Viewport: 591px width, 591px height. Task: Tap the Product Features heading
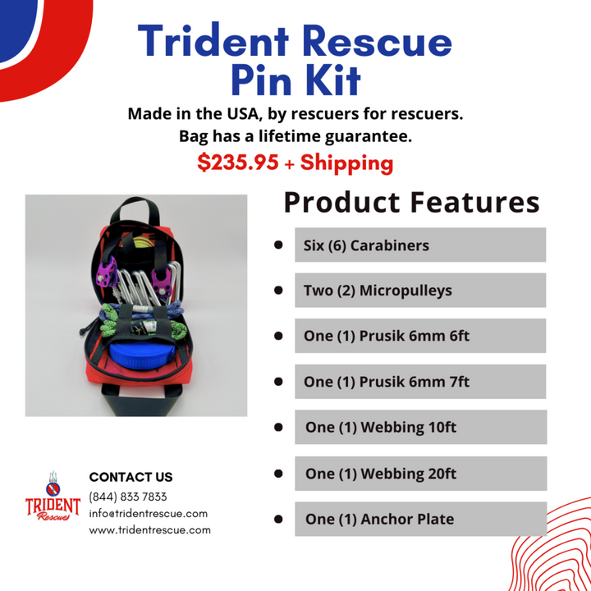click(411, 202)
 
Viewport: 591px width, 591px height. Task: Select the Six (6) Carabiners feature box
click(419, 245)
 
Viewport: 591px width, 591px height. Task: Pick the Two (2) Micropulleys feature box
click(419, 291)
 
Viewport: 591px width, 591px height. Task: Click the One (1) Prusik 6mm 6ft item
click(419, 336)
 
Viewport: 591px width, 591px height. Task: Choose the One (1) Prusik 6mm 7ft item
click(419, 382)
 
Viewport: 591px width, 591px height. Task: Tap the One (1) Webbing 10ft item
click(419, 428)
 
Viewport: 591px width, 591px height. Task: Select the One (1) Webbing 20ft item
click(419, 474)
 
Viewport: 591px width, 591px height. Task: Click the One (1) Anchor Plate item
click(419, 519)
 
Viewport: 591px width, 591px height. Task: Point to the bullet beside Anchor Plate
click(278, 519)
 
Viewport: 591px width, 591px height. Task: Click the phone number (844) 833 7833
click(127, 497)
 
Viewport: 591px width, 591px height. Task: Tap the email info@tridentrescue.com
click(148, 513)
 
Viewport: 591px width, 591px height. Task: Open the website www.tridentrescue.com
click(149, 529)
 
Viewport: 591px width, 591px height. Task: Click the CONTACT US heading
click(131, 477)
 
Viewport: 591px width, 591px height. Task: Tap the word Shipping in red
click(346, 163)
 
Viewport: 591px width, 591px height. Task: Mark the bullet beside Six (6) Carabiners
click(278, 245)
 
